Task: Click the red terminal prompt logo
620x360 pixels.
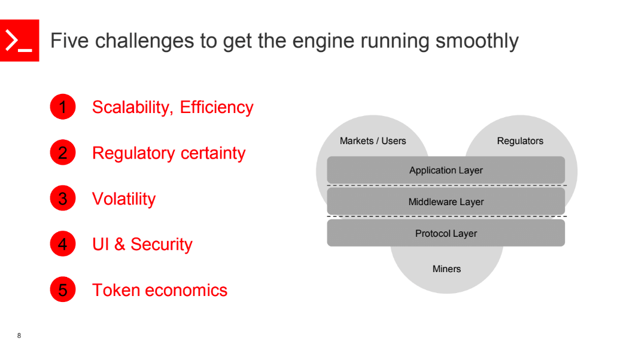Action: [x=19, y=41]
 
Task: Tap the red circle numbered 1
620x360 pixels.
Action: [x=63, y=107]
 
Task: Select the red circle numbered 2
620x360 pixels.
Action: [x=63, y=153]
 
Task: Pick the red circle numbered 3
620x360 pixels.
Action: [x=63, y=199]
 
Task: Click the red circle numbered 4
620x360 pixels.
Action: [x=63, y=244]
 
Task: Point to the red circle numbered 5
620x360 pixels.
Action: [x=63, y=290]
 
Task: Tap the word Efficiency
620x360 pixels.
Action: [x=217, y=107]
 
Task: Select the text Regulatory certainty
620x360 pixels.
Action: [x=169, y=153]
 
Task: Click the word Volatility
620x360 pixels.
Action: [x=124, y=199]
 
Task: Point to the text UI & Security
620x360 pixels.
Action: [x=142, y=244]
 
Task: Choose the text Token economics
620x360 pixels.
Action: [x=160, y=290]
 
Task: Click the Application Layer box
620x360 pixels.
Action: [x=446, y=170]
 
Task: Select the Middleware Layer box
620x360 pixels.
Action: [x=446, y=202]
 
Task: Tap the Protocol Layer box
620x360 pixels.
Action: [x=446, y=233]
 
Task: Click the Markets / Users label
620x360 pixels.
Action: [x=373, y=141]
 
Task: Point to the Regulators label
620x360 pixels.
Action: [x=520, y=141]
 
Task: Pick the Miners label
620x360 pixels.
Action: [x=446, y=269]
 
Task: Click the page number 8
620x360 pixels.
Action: [x=19, y=335]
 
